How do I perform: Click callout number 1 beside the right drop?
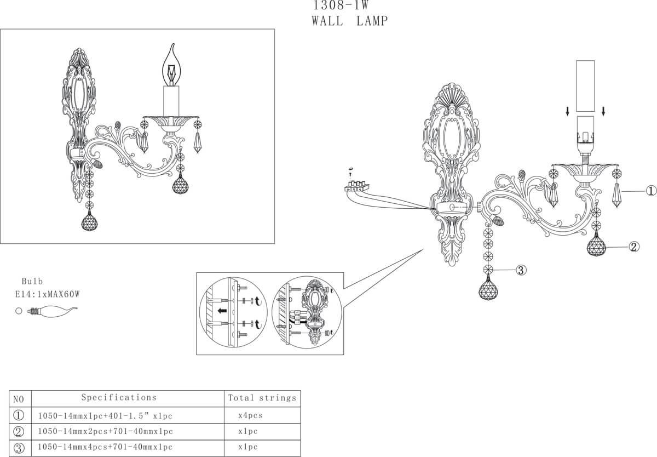(x=650, y=191)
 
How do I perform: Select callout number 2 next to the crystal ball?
(x=633, y=247)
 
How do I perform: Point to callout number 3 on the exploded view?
(x=521, y=270)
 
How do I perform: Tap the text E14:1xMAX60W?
(x=48, y=294)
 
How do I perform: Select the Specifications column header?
(x=119, y=397)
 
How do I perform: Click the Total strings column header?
(x=262, y=398)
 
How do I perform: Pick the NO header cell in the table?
(x=19, y=399)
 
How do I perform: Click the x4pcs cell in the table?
(x=251, y=415)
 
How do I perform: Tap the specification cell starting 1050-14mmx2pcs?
(x=105, y=432)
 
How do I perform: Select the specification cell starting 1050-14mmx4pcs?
(x=105, y=448)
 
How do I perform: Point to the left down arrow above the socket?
(x=568, y=111)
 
